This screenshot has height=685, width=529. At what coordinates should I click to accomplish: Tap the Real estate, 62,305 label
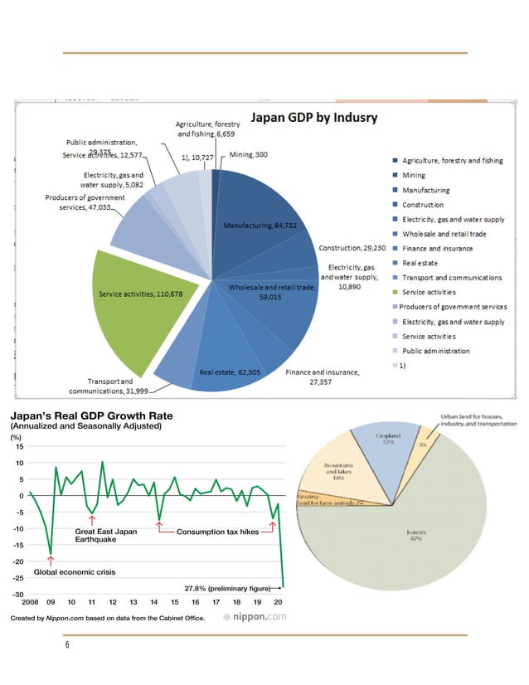(x=231, y=372)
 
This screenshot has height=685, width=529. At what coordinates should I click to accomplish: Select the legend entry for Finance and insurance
(x=437, y=248)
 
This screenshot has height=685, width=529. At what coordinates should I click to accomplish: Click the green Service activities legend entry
(x=429, y=292)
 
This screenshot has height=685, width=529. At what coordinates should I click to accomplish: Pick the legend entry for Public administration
(x=435, y=351)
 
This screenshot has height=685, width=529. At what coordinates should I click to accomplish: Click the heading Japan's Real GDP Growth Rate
(x=92, y=415)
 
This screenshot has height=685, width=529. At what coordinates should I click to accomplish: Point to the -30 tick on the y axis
(x=17, y=595)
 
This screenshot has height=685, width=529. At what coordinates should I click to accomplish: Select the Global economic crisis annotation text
(x=74, y=572)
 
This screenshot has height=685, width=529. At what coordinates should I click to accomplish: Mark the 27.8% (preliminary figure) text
(x=230, y=588)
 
